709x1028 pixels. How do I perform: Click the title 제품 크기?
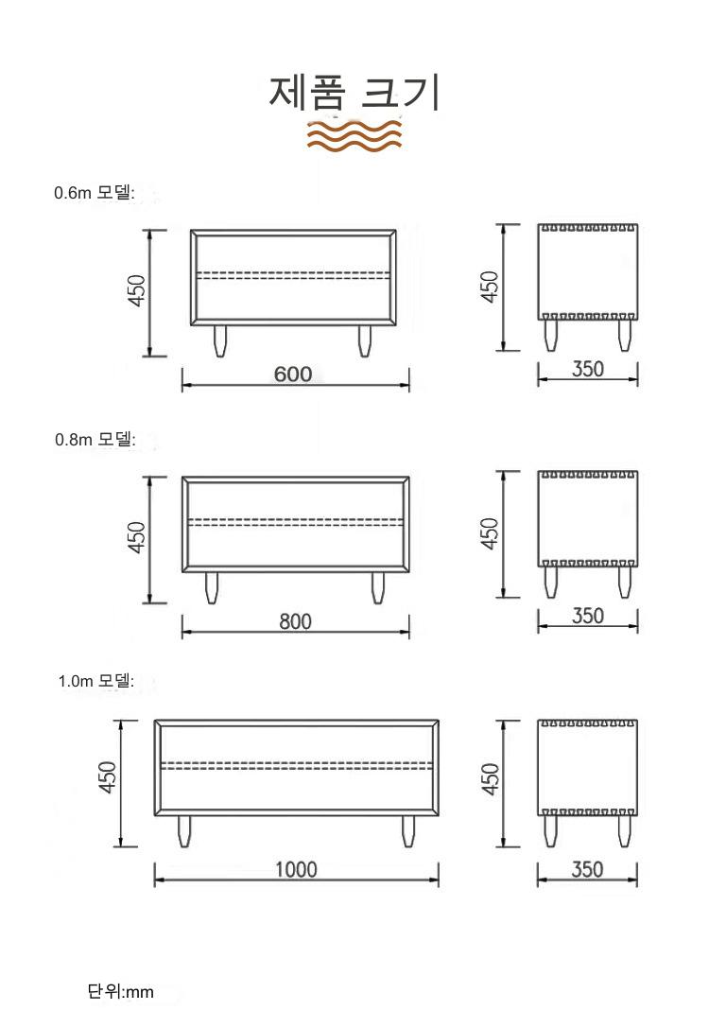[354, 93]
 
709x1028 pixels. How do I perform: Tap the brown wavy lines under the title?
[354, 136]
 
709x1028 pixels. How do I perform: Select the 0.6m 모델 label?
[95, 193]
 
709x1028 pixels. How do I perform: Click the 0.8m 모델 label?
[95, 439]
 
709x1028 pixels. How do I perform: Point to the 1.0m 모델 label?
[96, 681]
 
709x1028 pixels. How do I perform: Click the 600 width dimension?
[293, 375]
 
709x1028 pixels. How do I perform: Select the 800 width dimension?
[295, 620]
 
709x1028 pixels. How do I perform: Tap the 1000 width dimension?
[296, 869]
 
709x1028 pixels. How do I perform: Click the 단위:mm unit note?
[121, 991]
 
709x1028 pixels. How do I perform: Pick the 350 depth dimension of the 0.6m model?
[588, 369]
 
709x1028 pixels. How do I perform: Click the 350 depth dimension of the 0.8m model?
[588, 617]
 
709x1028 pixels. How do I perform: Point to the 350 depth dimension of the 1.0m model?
[587, 869]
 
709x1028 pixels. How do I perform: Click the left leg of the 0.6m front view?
[220, 340]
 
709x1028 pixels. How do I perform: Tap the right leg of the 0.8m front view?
[377, 588]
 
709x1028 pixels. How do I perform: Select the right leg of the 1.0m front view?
[408, 831]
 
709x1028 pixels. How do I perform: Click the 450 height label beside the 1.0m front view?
[108, 776]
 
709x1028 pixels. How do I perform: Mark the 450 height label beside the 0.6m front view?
[136, 290]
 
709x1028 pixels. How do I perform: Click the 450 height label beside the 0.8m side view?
[490, 533]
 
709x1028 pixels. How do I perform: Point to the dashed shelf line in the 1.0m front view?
[296, 765]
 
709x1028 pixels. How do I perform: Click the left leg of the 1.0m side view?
[550, 831]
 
